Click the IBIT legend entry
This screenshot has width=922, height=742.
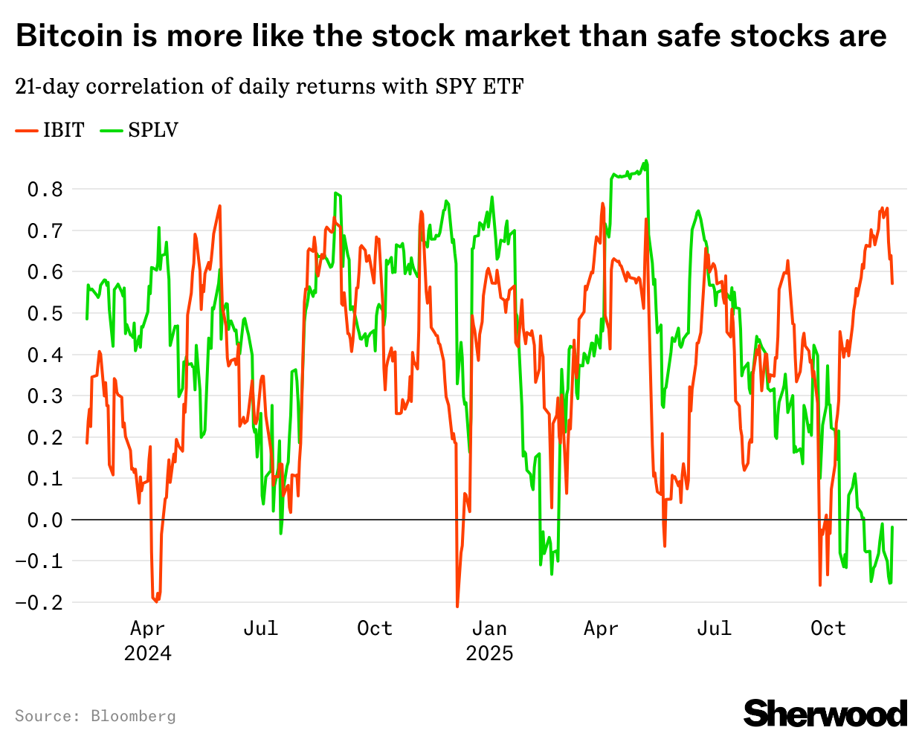pyautogui.click(x=62, y=130)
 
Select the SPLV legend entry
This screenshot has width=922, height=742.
pyautogui.click(x=152, y=130)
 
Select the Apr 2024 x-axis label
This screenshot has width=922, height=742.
pyautogui.click(x=147, y=640)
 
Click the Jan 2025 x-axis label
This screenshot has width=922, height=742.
pyautogui.click(x=489, y=640)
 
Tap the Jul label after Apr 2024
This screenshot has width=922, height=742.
pyautogui.click(x=261, y=629)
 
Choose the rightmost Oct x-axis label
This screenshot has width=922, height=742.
pyautogui.click(x=828, y=629)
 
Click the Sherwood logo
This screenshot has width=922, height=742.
pyautogui.click(x=825, y=713)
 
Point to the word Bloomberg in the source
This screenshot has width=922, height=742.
pyautogui.click(x=133, y=716)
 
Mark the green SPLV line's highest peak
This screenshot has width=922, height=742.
pyautogui.click(x=646, y=161)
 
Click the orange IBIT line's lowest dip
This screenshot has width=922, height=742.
pyautogui.click(x=457, y=607)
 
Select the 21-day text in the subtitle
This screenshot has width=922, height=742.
pyautogui.click(x=47, y=87)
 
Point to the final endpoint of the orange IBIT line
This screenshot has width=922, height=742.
pyautogui.click(x=892, y=283)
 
